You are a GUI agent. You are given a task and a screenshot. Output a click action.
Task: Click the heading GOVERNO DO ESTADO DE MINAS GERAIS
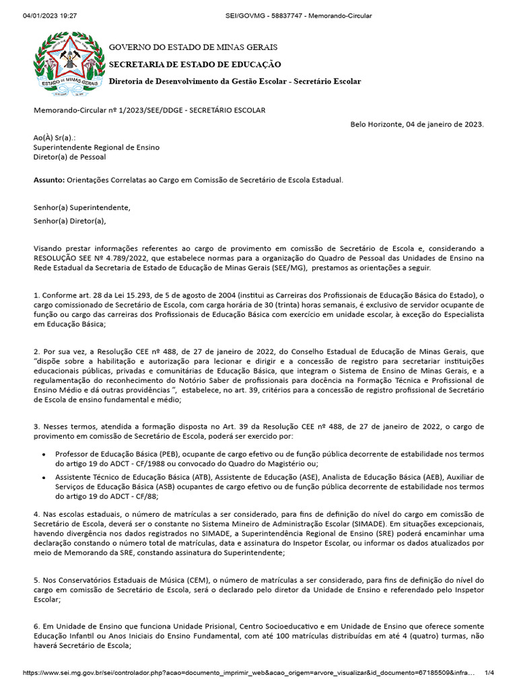click(x=193, y=48)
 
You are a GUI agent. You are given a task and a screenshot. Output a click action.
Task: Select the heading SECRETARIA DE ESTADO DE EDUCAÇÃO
click(x=195, y=65)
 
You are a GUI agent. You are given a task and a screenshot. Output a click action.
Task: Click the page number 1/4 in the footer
click(x=489, y=673)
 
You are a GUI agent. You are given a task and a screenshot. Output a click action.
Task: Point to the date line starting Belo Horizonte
click(x=417, y=124)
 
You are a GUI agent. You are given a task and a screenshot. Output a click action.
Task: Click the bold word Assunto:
click(x=49, y=180)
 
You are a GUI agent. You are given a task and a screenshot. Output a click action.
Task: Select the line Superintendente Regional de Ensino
click(x=96, y=147)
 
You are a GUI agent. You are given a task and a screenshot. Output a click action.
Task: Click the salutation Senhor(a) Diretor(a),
click(x=70, y=221)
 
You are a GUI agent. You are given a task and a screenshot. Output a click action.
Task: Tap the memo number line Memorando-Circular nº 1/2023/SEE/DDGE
click(x=149, y=110)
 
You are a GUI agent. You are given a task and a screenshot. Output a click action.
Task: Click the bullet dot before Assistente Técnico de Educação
click(x=44, y=476)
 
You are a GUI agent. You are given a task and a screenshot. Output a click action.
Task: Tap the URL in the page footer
click(x=249, y=673)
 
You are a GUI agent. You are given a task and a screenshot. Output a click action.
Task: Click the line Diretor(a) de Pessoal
click(x=69, y=157)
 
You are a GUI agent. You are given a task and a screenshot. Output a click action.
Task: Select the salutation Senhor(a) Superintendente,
click(x=82, y=207)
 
